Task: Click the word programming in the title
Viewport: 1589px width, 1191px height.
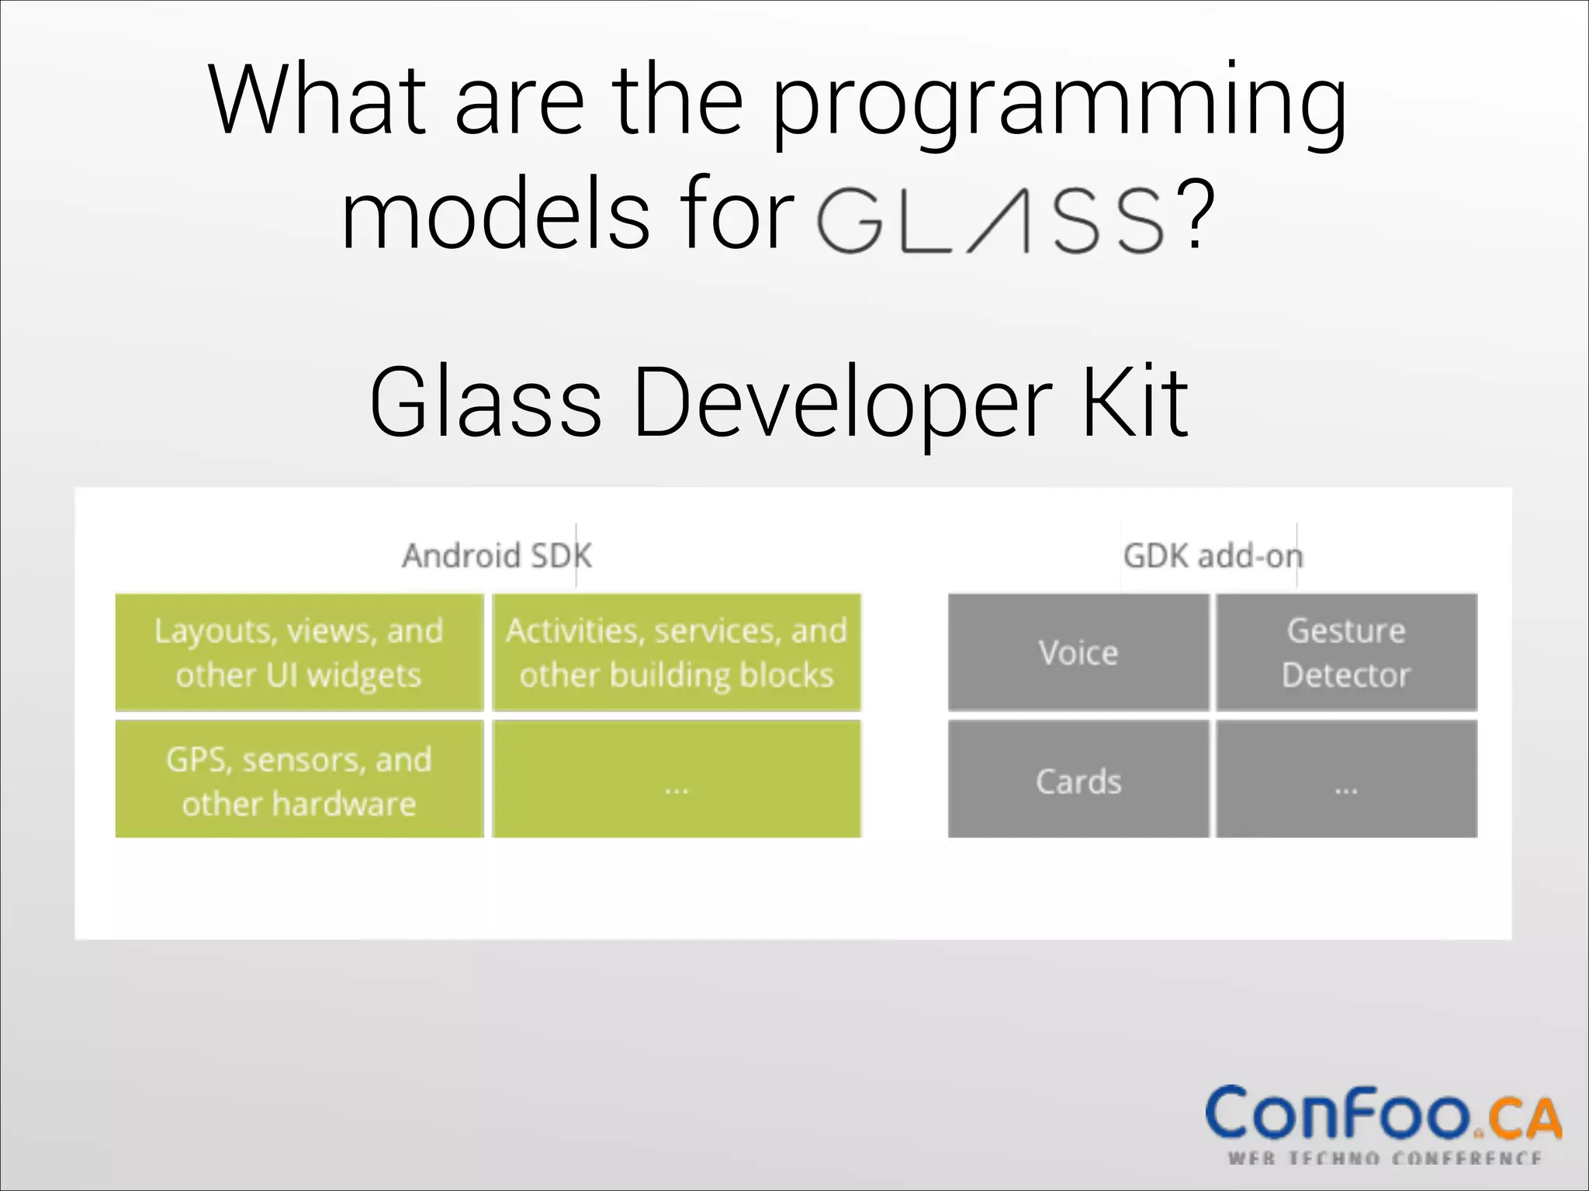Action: point(1059,105)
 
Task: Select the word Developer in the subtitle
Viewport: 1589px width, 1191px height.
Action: point(842,403)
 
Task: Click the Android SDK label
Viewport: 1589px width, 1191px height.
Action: point(497,556)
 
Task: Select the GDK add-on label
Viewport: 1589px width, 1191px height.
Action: point(1213,556)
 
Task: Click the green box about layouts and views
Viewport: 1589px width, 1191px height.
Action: point(299,653)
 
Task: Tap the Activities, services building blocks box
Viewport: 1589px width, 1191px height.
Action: point(677,653)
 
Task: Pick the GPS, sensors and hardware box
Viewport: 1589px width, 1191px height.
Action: point(299,780)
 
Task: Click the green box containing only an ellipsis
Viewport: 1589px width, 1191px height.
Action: point(677,780)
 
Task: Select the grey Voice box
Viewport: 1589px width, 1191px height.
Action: point(1078,653)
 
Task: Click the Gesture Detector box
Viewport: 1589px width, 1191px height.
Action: point(1346,653)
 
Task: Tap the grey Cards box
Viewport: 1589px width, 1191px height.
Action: point(1078,780)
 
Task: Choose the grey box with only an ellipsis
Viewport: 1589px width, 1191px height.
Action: point(1346,780)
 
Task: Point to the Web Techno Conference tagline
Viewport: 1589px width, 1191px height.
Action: point(1384,1158)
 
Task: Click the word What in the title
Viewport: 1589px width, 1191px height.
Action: point(318,101)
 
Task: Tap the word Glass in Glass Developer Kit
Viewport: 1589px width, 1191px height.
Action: point(486,403)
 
